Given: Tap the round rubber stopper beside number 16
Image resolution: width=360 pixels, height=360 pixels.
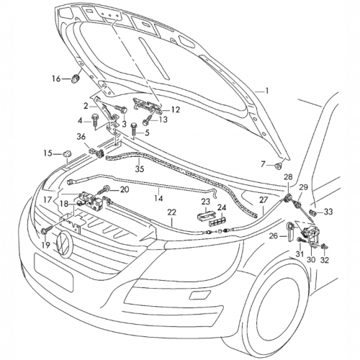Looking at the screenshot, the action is (76, 78).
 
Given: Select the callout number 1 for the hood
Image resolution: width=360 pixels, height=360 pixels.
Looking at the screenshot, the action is (266, 91).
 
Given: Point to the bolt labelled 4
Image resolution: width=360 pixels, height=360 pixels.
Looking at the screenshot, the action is (94, 121).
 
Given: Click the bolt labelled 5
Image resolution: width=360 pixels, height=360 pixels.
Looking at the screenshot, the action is (133, 130).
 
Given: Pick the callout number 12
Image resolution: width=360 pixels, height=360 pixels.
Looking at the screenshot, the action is (176, 109).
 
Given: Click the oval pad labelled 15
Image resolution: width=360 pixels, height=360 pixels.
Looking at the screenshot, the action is (67, 153).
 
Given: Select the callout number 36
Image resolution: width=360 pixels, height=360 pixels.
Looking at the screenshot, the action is (81, 137).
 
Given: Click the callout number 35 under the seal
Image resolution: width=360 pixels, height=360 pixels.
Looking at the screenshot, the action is (139, 169).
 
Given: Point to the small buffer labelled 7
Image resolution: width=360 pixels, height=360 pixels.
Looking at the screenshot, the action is (279, 166).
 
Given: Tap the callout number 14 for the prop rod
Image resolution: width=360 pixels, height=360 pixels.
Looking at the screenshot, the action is (158, 198).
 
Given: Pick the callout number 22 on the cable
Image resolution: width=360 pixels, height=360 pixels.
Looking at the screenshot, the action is (172, 212).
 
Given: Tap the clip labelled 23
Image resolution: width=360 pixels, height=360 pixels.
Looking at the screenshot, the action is (205, 215).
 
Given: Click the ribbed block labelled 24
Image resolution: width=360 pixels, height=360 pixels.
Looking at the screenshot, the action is (217, 222).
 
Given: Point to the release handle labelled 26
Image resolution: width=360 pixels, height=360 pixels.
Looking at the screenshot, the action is (290, 232).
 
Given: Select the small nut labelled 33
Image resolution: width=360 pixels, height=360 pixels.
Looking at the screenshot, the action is (313, 212).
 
